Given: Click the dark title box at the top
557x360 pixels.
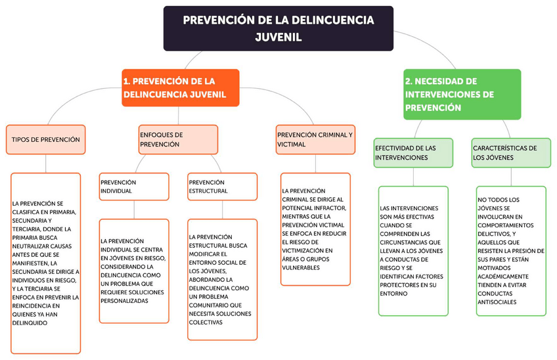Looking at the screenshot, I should click(x=278, y=28).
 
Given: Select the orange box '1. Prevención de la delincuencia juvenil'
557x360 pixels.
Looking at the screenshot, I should click(x=180, y=87).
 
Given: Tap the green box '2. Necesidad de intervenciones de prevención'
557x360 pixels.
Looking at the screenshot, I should click(x=462, y=94).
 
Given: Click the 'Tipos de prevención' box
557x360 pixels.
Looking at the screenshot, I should click(x=46, y=139).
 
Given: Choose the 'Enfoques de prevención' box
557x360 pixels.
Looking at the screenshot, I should click(x=178, y=139).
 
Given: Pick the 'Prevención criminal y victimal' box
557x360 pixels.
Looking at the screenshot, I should click(x=315, y=139).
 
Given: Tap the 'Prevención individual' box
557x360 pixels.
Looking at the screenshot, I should click(x=134, y=187).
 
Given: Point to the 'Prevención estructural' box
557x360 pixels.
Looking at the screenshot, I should click(x=222, y=187).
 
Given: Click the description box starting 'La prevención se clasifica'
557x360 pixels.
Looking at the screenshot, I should click(x=46, y=263).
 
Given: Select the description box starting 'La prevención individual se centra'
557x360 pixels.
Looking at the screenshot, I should click(x=134, y=271).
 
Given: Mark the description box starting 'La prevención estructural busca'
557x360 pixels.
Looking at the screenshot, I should click(x=222, y=279).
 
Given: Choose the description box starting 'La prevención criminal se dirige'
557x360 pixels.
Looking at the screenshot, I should click(x=315, y=229).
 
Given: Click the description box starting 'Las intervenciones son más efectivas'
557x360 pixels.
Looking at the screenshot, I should click(x=413, y=251).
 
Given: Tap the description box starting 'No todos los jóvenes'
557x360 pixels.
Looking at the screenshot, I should click(x=511, y=251).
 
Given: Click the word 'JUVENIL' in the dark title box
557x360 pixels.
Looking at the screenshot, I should click(x=278, y=37).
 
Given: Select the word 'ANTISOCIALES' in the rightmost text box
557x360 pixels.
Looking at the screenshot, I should click(x=497, y=302).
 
